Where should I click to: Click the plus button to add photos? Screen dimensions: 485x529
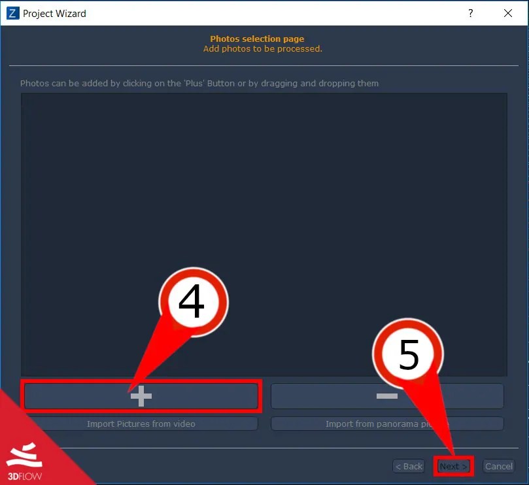tap(141, 396)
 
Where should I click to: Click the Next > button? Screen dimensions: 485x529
tap(453, 466)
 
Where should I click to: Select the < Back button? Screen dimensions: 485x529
tap(409, 466)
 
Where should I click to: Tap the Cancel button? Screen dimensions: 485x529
tap(498, 466)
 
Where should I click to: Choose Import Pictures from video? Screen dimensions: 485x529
tap(141, 424)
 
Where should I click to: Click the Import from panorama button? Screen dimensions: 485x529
tap(387, 424)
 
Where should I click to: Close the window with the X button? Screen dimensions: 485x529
tap(508, 13)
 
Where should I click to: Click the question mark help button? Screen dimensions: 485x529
tap(470, 13)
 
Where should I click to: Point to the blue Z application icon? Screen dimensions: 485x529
tap(13, 13)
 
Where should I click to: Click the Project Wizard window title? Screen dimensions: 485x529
tap(54, 13)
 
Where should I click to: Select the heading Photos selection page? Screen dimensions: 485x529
tap(257, 39)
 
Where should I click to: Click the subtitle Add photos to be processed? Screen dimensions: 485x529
tap(262, 48)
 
